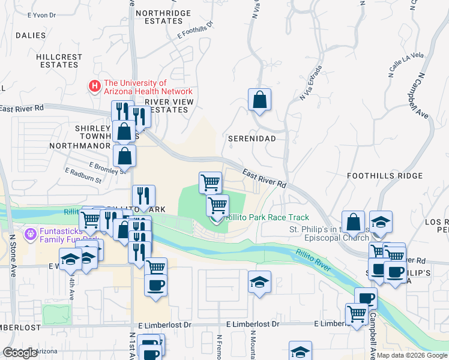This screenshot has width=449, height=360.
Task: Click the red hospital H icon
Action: (95, 86)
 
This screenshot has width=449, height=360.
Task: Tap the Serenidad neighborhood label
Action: (252, 139)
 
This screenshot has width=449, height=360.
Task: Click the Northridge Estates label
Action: (163, 16)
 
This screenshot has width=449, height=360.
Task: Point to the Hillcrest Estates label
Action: (59, 61)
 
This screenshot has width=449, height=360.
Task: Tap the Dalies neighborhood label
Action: (31, 35)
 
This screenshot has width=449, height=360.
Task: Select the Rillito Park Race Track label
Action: (267, 218)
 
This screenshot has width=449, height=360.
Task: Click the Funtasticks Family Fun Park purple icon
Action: (30, 232)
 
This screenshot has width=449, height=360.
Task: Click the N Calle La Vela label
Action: (406, 64)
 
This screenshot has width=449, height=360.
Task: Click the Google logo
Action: (20, 353)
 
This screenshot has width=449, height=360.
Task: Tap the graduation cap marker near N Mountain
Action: (259, 282)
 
